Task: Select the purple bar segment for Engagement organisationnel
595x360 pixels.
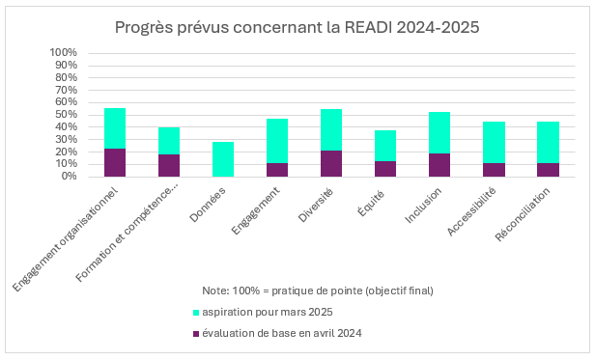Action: coord(115,162)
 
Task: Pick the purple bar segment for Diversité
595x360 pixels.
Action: coord(331,163)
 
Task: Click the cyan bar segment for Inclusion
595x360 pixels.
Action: coord(439,132)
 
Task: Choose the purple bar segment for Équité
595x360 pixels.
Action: coord(385,169)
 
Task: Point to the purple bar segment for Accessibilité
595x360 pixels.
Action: coord(494,170)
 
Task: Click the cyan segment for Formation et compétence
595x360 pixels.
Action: coord(169,141)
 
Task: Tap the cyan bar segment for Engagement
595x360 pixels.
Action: coord(277,141)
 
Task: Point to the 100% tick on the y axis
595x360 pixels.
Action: coord(64,52)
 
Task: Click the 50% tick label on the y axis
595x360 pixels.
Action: coord(66,114)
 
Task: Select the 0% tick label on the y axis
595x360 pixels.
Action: coord(69,176)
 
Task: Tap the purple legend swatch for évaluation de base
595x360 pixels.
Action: coord(197,334)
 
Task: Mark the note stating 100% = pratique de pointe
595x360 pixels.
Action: coord(318,291)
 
